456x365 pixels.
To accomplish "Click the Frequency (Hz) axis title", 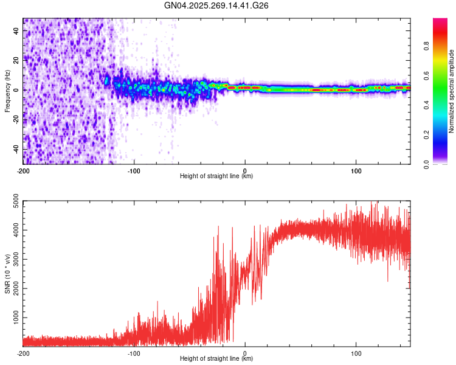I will tap(7, 91).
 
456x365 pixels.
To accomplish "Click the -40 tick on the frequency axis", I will tap(15, 149).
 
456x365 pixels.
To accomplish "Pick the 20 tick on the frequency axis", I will tap(16, 60).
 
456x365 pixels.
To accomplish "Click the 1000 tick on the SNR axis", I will tap(13, 318).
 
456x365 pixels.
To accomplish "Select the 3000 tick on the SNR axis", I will tap(13, 259).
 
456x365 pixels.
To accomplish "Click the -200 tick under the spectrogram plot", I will tap(23, 170).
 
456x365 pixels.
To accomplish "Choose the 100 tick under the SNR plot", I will tap(356, 352).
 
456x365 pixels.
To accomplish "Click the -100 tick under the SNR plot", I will tap(134, 352).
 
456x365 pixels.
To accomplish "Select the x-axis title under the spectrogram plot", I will tap(216, 176).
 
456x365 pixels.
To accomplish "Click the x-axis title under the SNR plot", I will tap(216, 359).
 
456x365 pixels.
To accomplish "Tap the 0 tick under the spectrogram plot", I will tap(245, 170).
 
